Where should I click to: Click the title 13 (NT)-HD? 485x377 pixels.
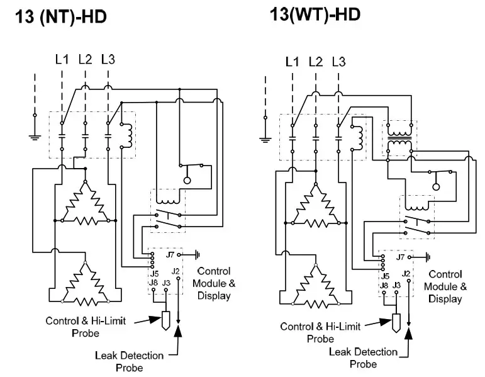pos(60,18)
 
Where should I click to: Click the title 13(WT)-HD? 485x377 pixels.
pos(315,14)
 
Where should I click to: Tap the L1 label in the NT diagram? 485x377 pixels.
pos(62,60)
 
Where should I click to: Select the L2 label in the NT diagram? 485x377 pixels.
pos(85,60)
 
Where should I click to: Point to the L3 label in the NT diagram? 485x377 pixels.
pos(108,60)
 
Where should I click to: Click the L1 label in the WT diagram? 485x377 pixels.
pos(293,62)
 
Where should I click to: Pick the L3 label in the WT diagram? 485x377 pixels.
pos(338,62)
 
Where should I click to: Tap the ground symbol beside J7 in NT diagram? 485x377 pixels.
pos(198,255)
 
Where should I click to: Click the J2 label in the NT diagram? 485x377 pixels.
pos(177,271)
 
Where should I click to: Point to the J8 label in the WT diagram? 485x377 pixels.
pos(384,285)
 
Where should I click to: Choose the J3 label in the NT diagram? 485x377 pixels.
pos(166,283)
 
